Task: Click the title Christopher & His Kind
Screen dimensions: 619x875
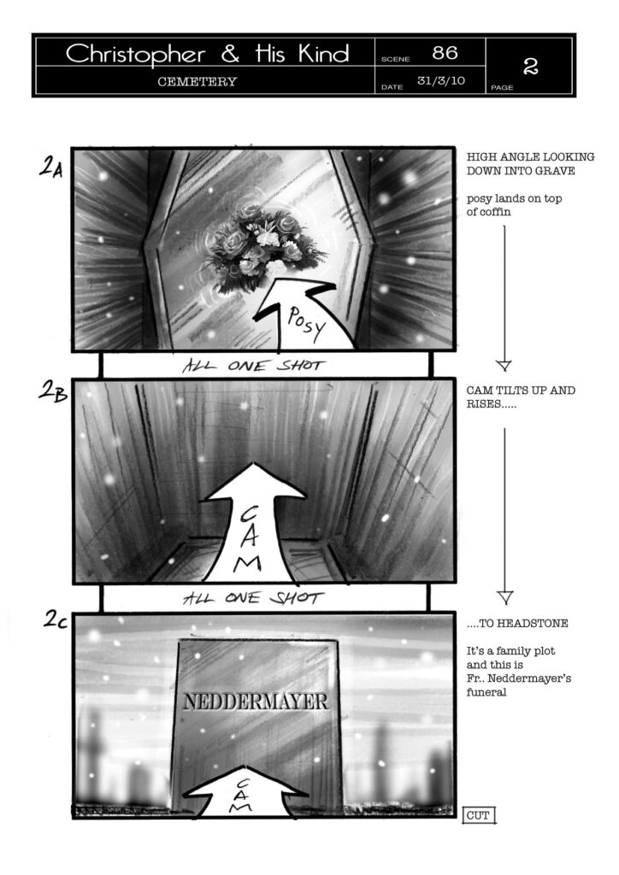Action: (x=207, y=54)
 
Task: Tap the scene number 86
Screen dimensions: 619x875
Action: (x=445, y=53)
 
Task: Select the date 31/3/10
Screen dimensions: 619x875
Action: (x=441, y=80)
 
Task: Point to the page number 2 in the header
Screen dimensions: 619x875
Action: (x=530, y=67)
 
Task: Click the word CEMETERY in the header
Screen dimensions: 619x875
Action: (x=197, y=81)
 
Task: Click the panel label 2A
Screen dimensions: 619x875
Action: (x=51, y=167)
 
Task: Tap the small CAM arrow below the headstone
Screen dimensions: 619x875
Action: (x=241, y=792)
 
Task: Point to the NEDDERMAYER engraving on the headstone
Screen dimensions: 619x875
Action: (x=256, y=702)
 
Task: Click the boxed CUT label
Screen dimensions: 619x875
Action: (x=478, y=815)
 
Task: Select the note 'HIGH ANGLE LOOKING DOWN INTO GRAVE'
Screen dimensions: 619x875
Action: (x=530, y=163)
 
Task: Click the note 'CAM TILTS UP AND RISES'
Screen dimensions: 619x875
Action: (x=521, y=396)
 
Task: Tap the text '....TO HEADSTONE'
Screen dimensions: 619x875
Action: (x=517, y=623)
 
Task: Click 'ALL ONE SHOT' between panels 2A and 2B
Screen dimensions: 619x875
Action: (x=253, y=366)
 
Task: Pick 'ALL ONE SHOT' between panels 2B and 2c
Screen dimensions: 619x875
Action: (x=253, y=598)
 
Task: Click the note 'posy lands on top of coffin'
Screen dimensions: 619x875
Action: (x=514, y=205)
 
